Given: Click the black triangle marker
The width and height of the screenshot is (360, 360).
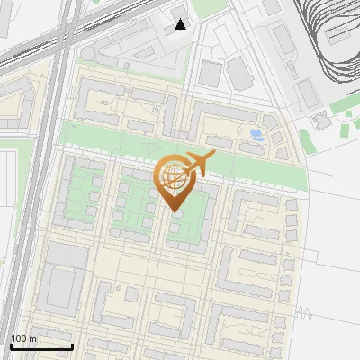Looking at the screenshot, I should pos(181,24).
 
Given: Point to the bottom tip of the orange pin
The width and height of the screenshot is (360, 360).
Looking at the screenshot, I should pos(174,211).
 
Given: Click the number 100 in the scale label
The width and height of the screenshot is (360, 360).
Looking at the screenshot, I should pos(19,338).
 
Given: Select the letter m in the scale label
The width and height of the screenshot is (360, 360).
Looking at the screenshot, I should pos(33,338).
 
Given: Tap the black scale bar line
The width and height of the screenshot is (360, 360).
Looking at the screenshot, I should pos(41,346).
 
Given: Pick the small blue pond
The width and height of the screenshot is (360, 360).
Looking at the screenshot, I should pos(256,135).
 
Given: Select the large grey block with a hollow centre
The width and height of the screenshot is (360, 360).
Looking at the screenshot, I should pos(61,285).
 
